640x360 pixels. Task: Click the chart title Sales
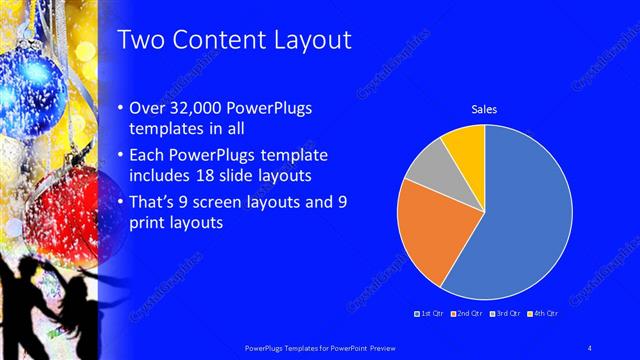point(484,109)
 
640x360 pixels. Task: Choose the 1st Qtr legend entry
point(431,314)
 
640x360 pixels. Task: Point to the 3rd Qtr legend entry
point(506,314)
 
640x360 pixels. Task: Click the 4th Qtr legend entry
point(543,314)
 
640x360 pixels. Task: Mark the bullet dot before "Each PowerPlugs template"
point(122,157)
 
